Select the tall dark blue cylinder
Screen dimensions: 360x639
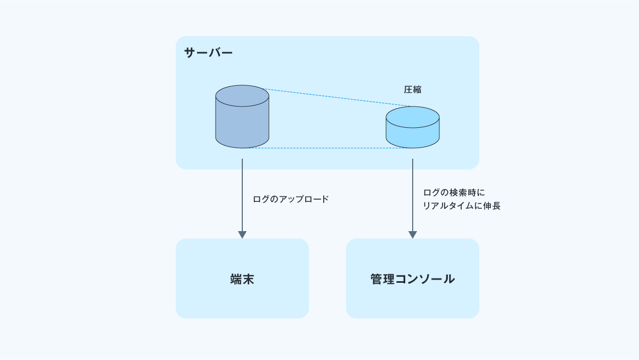point(242,122)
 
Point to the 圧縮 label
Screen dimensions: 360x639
point(413,89)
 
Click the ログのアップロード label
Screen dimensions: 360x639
point(291,199)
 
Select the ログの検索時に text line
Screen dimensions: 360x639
point(454,192)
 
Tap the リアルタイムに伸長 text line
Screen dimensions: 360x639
point(462,206)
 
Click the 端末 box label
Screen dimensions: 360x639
point(242,279)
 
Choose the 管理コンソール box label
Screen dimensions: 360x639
point(413,279)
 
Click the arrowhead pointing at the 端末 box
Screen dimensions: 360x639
point(242,234)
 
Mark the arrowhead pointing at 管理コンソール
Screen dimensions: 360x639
point(413,234)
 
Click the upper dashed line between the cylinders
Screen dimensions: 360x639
point(341,98)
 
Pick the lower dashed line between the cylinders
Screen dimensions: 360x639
point(327,148)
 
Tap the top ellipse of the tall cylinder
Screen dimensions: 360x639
point(242,95)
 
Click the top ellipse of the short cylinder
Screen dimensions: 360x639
point(413,117)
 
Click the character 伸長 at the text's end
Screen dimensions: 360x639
point(493,206)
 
